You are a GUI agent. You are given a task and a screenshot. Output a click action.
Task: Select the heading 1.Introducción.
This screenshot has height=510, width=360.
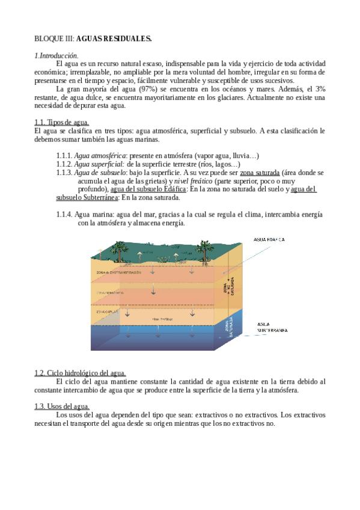point(56,55)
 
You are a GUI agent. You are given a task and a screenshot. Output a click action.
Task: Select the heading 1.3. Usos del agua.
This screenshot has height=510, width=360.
point(61,407)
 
